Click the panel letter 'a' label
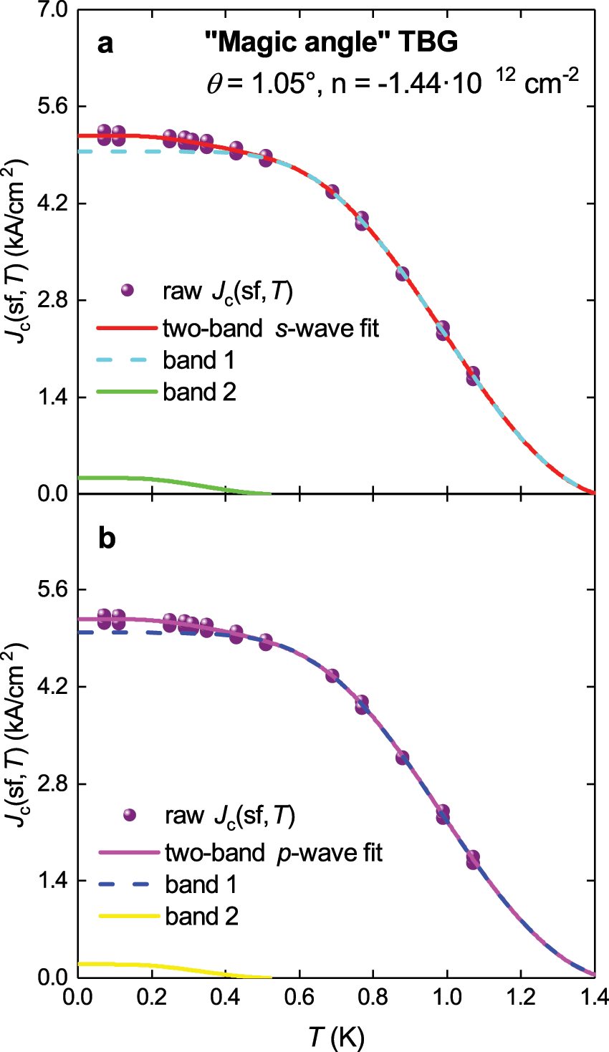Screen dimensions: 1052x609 point(105,44)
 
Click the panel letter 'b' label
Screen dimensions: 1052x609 point(106,539)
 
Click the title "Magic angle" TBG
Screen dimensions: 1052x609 point(331,43)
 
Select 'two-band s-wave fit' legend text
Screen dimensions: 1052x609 point(271,328)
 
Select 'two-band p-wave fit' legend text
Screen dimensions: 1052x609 point(274,853)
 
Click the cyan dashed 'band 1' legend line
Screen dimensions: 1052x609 point(126,360)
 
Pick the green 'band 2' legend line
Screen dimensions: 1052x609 point(126,392)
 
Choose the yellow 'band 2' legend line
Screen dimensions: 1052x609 point(128,916)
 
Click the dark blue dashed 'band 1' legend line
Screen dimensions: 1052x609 point(128,884)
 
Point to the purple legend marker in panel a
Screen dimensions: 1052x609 point(128,290)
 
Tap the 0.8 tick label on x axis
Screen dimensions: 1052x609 point(373,997)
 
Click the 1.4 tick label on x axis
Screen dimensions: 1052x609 point(593,997)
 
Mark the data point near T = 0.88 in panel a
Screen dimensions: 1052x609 point(402,274)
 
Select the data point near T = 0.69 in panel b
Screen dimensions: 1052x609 point(332,675)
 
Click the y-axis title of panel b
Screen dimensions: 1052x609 point(16,735)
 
